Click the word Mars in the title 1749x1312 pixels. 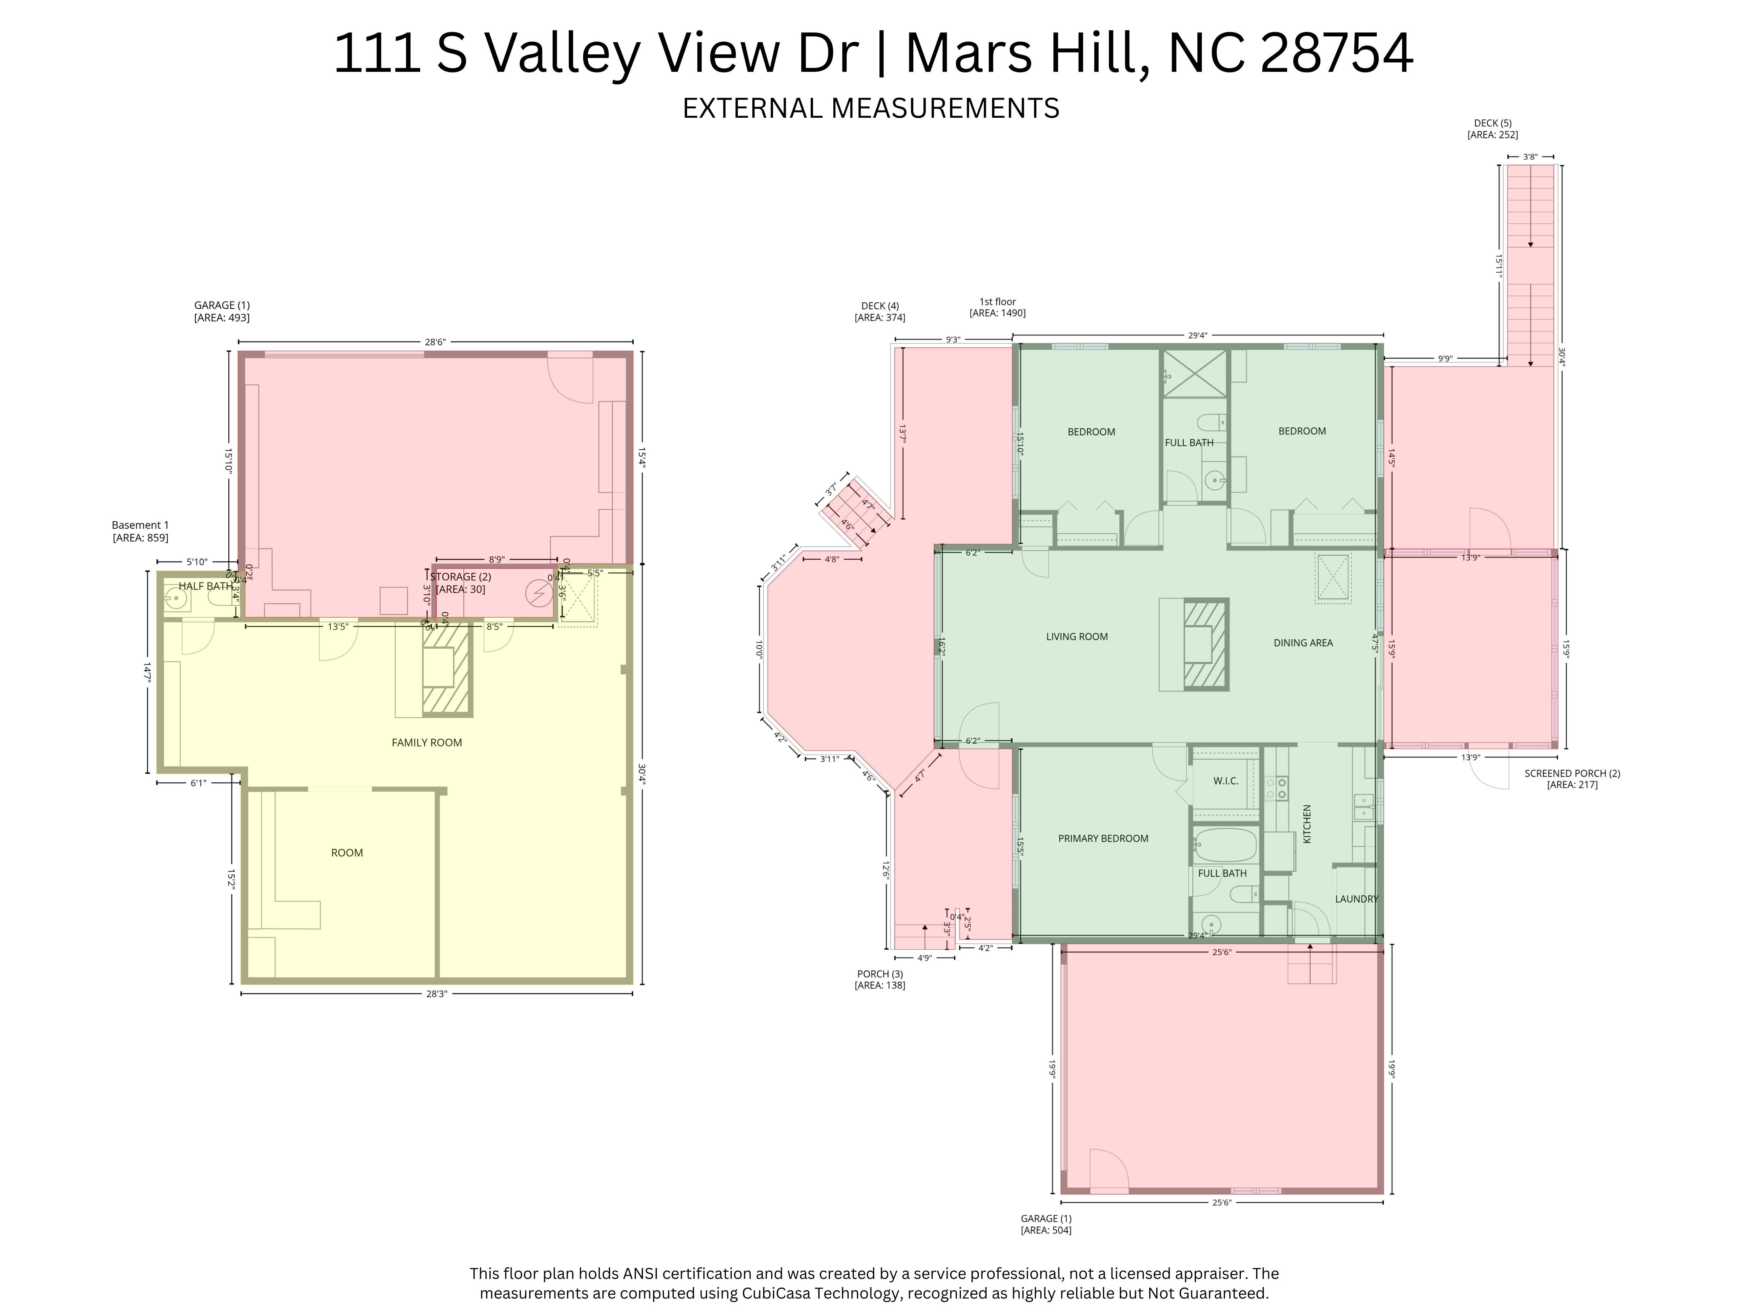click(969, 54)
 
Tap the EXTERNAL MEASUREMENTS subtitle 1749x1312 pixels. click(870, 108)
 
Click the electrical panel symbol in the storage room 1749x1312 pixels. click(540, 593)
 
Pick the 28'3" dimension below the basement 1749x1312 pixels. click(437, 994)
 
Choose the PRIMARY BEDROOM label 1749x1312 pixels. click(1103, 838)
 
